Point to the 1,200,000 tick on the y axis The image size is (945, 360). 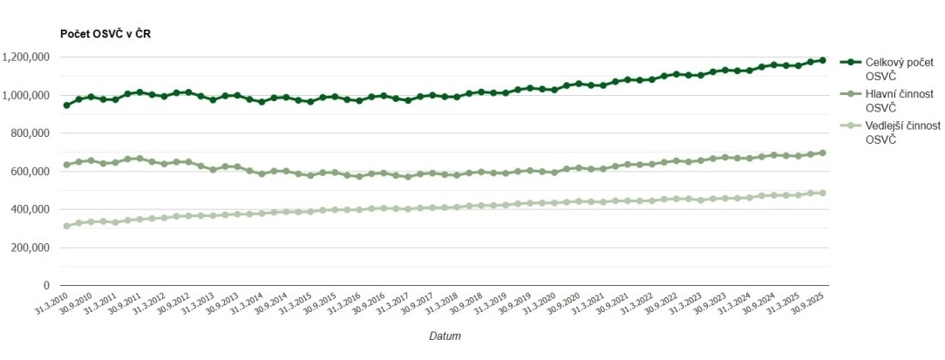pos(25,58)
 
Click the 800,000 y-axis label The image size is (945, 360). pos(30,133)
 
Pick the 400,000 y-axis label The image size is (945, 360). pos(30,209)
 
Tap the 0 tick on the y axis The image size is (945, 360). pos(45,285)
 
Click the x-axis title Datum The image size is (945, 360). pos(445,336)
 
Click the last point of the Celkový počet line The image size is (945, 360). pos(822,60)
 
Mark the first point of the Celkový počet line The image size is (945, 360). pos(66,105)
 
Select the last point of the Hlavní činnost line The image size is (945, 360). pos(822,153)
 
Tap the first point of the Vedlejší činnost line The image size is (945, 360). pos(66,226)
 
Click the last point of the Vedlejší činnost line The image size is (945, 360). pos(822,193)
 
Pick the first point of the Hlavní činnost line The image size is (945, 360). pos(66,165)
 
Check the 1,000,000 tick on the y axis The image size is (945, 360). pos(25,95)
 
